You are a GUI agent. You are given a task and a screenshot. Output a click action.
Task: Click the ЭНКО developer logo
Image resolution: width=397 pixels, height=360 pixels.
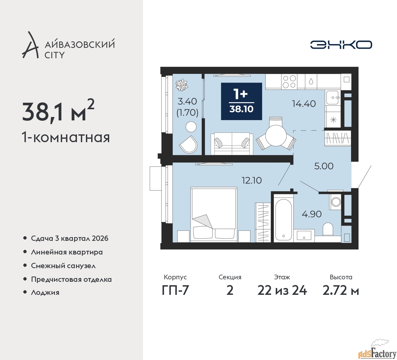tap(341, 45)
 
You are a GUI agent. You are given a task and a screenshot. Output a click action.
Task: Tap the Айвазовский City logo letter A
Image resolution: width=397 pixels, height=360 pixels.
tap(30, 45)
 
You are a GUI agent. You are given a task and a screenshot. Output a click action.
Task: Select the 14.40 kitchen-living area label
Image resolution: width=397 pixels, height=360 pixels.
tap(304, 104)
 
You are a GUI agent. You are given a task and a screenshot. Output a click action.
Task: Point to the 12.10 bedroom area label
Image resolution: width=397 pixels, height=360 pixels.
tap(252, 180)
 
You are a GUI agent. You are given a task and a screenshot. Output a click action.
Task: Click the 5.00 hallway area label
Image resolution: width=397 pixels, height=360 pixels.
tap(324, 166)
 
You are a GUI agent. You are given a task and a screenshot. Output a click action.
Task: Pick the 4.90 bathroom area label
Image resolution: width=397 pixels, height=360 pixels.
tap(311, 214)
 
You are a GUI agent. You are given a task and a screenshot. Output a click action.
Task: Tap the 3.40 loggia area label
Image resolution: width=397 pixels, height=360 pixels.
tap(187, 101)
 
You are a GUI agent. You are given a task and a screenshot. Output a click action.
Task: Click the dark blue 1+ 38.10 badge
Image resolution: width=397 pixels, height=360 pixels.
tap(241, 101)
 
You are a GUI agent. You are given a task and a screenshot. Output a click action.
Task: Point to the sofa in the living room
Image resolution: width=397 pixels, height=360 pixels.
tap(232, 144)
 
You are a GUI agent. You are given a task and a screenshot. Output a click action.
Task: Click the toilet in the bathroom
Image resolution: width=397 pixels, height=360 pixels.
tap(328, 229)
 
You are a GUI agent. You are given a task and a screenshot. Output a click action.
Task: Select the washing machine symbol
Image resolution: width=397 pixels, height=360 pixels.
tap(335, 202)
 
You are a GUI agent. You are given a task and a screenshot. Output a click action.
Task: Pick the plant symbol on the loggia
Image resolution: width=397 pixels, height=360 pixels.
tap(182, 85)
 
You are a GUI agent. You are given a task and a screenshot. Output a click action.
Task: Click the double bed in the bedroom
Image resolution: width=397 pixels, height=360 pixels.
tap(214, 214)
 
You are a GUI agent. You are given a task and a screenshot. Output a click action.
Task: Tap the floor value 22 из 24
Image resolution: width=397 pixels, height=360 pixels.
tap(282, 291)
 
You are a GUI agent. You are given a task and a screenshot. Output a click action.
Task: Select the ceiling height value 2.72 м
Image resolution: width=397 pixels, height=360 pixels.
tap(341, 291)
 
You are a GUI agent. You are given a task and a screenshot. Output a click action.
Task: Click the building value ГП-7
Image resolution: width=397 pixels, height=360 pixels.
tap(175, 291)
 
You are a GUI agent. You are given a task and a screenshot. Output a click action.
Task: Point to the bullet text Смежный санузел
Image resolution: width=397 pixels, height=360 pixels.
tap(63, 266)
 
